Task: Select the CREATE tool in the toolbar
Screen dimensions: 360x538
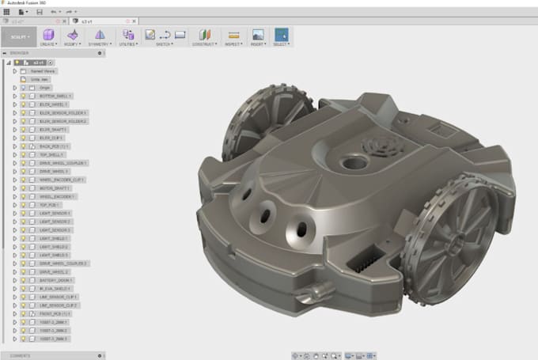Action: pos(48,36)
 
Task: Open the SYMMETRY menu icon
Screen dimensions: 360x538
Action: pos(100,36)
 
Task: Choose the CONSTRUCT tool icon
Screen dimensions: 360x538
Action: pos(205,36)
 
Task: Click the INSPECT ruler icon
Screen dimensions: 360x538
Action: pos(233,36)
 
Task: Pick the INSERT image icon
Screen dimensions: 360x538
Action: pos(257,36)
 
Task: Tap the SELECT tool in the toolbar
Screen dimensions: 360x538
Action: pos(281,36)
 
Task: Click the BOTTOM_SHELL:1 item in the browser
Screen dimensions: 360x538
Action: pos(55,96)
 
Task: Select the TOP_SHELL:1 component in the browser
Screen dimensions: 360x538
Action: pos(52,154)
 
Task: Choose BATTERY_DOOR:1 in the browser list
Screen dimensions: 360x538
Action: pos(56,279)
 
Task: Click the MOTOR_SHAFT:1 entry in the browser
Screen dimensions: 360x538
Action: pos(55,188)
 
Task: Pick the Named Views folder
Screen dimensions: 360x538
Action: pos(44,70)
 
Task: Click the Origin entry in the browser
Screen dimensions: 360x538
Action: pos(45,87)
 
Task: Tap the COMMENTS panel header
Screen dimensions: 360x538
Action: pos(21,355)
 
